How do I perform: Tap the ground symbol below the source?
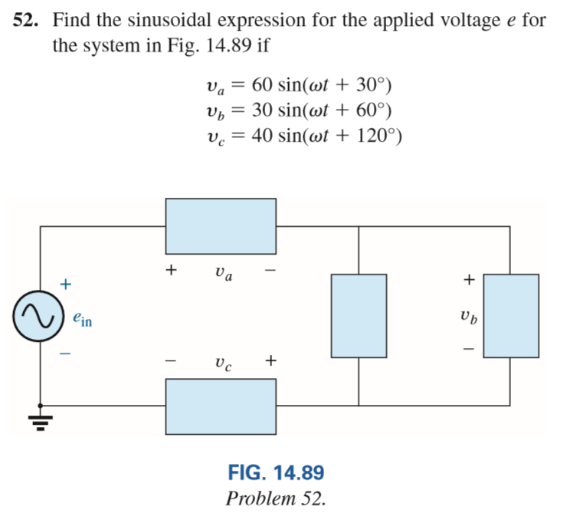coord(41,420)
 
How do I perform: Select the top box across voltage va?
coord(221,226)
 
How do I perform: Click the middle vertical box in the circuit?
coord(359,315)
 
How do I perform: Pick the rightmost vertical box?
coord(511,315)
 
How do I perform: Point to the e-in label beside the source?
coord(82,320)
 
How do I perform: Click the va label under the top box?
coord(223,272)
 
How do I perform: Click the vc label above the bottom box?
coord(222,362)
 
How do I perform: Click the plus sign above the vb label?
coord(469,280)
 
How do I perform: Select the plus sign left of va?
coord(172,270)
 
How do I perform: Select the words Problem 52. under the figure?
coord(276,498)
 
